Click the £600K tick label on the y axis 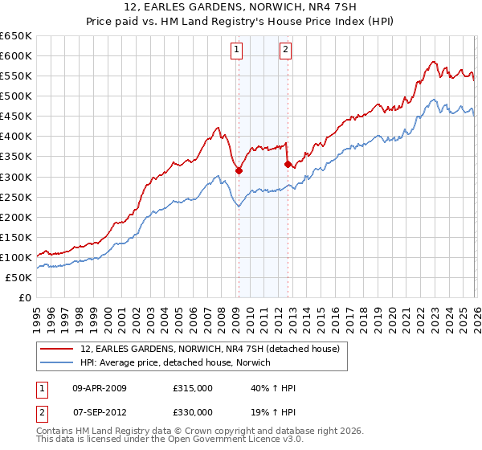(x=16, y=55)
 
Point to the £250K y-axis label (x=16, y=197)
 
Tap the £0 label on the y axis (x=24, y=297)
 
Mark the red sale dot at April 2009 (x=239, y=170)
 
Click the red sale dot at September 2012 (x=287, y=164)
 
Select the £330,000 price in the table (x=192, y=412)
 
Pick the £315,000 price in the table (x=192, y=388)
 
